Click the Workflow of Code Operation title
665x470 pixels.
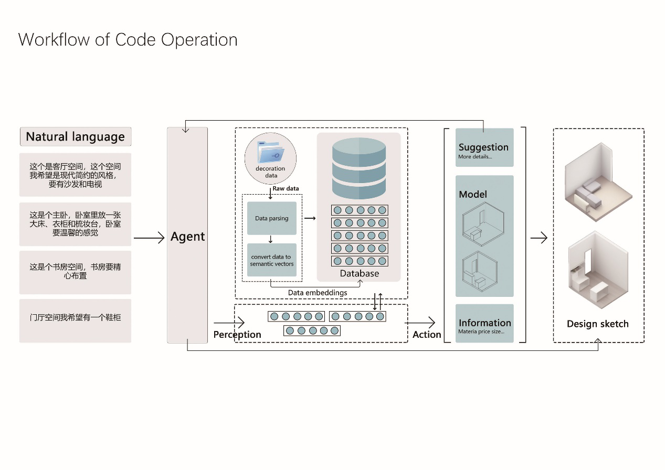click(128, 40)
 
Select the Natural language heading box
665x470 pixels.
click(75, 137)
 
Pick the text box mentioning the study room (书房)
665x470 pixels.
click(75, 271)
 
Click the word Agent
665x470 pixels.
click(187, 237)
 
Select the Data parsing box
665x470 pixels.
click(271, 218)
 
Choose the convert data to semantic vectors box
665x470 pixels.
click(271, 260)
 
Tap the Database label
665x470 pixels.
click(359, 273)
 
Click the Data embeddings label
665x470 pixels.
click(317, 293)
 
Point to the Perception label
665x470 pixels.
click(237, 335)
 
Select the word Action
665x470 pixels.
click(426, 335)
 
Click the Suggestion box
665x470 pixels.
click(484, 147)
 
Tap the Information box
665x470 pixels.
click(484, 324)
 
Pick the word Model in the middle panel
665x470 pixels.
click(472, 195)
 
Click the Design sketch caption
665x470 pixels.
click(597, 324)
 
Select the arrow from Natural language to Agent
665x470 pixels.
click(149, 238)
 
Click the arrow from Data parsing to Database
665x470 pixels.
click(310, 218)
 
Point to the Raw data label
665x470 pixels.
click(286, 188)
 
